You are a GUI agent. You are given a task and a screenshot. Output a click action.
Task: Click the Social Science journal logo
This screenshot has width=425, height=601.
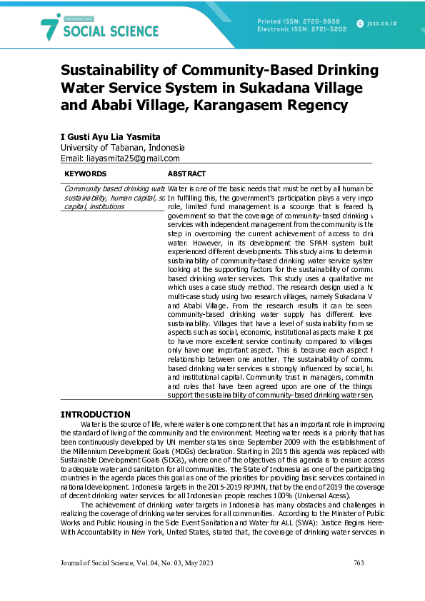click(99, 28)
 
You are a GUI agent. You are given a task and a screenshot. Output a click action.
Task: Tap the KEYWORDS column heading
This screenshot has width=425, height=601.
click(85, 173)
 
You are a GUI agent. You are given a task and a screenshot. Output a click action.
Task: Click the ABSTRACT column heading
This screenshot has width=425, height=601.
click(186, 173)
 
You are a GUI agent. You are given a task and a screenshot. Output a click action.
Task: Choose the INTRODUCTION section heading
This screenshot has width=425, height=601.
click(95, 415)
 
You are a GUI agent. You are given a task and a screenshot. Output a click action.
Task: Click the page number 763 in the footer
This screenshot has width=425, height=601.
click(359, 564)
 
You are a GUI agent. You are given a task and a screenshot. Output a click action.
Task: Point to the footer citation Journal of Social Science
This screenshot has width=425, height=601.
click(99, 564)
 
